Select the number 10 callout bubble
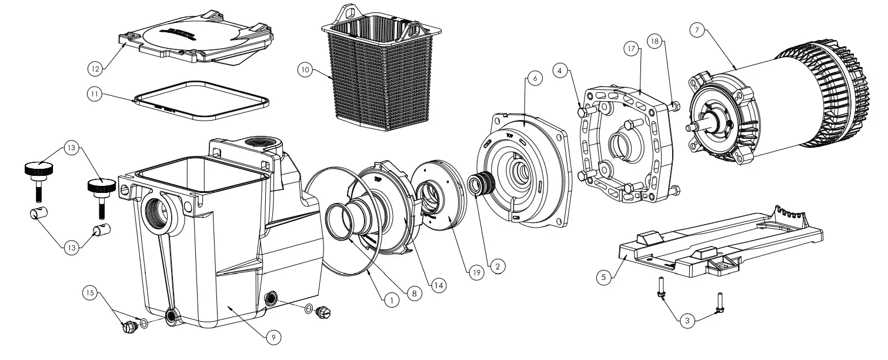click(305, 69)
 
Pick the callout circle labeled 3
click(686, 321)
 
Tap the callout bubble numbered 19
click(475, 271)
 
